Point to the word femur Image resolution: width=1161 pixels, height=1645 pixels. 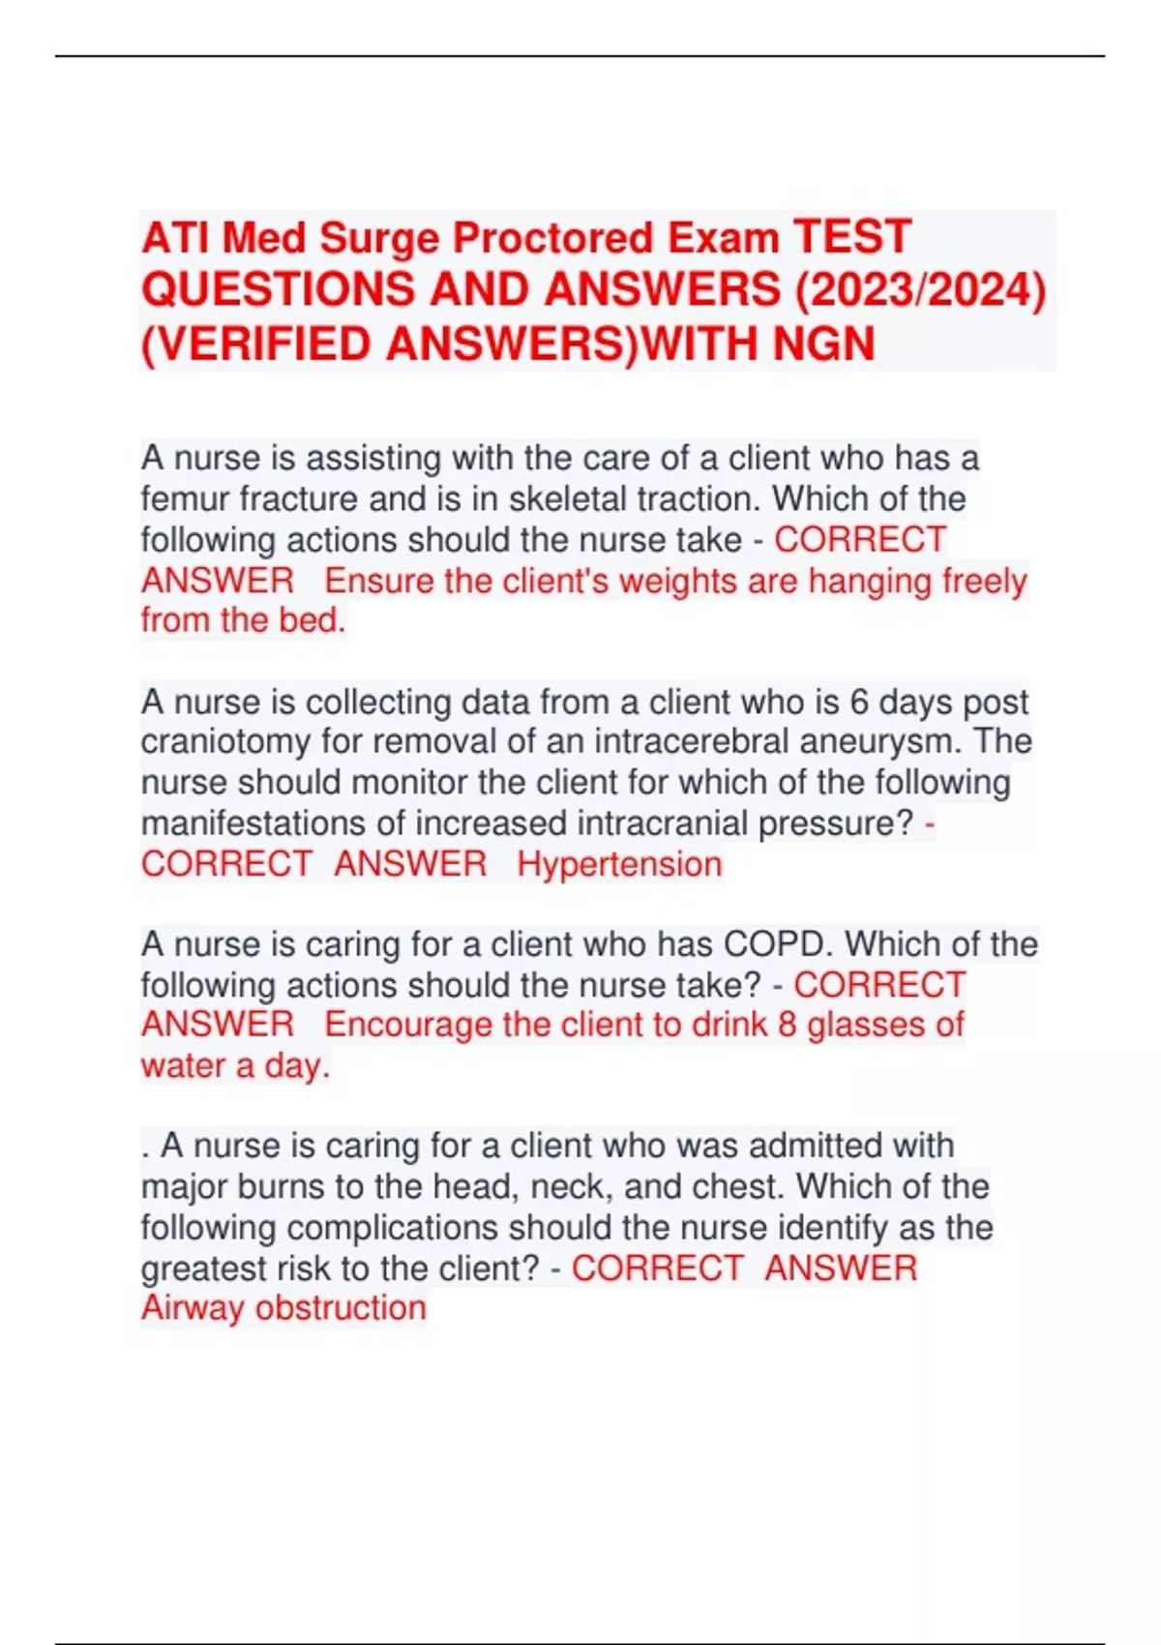(185, 499)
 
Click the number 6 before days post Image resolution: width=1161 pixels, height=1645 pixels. (858, 702)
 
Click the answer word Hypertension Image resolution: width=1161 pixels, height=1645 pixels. (619, 864)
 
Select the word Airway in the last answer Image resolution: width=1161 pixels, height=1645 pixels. (192, 1308)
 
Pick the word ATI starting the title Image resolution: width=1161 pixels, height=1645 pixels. (176, 239)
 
